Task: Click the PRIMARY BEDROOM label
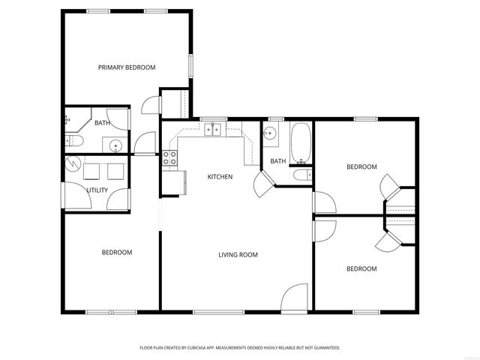point(127,67)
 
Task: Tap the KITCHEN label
point(220,177)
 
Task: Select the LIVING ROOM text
point(238,255)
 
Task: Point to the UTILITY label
point(97,190)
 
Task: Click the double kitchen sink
point(214,130)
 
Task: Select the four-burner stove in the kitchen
point(169,157)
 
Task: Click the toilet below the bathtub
point(301,175)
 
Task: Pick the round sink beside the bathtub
point(270,135)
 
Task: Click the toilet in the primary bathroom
point(73,142)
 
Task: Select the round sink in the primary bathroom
point(115,145)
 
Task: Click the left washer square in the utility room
point(93,171)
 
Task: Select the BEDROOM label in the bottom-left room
point(117,253)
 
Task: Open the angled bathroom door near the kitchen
point(264,184)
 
